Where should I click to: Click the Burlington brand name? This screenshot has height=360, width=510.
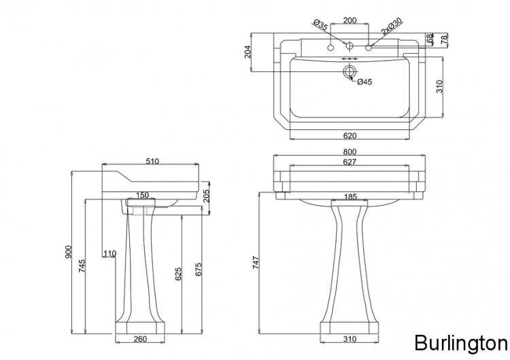click(x=461, y=343)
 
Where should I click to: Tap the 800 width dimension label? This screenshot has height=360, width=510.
click(x=350, y=152)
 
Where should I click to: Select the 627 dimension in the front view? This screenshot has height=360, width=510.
click(x=350, y=162)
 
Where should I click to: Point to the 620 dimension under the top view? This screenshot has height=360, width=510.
click(x=350, y=135)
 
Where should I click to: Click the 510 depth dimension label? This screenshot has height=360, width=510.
click(x=152, y=161)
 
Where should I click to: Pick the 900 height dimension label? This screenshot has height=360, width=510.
click(x=68, y=252)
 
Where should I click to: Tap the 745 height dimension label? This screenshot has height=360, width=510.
click(x=82, y=266)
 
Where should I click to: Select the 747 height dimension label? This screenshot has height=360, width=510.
click(x=256, y=263)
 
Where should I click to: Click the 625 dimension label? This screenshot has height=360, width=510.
click(x=178, y=274)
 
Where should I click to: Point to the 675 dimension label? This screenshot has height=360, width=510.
click(x=198, y=269)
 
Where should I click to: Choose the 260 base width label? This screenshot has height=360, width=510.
click(x=140, y=339)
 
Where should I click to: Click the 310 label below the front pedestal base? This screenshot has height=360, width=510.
click(x=350, y=339)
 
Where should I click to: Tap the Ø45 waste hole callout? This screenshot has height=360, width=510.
click(x=364, y=82)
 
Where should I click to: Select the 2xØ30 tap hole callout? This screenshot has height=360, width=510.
click(x=392, y=27)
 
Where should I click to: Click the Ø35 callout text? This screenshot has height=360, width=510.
click(x=320, y=25)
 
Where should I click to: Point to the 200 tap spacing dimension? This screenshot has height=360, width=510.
click(x=350, y=20)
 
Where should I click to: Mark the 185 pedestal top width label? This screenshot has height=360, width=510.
click(x=350, y=197)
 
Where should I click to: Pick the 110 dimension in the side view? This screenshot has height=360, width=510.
click(x=109, y=253)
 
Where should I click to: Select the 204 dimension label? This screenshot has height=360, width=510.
click(x=248, y=52)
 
